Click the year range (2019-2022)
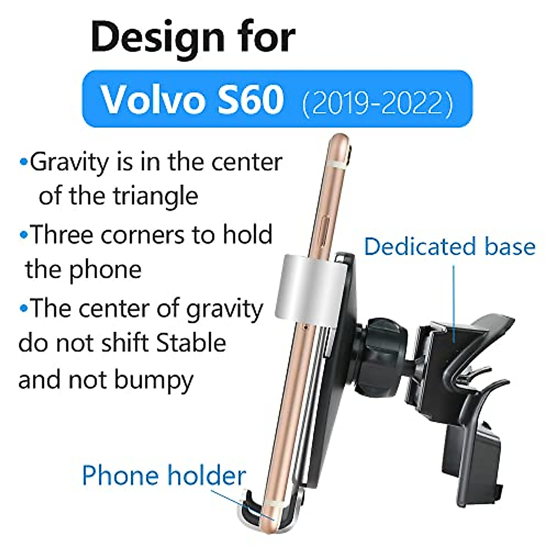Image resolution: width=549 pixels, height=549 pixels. (377, 102)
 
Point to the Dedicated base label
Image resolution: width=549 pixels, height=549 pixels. (450, 247)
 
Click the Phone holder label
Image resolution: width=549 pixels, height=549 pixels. (164, 475)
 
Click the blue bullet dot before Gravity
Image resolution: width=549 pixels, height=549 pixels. (24, 162)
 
